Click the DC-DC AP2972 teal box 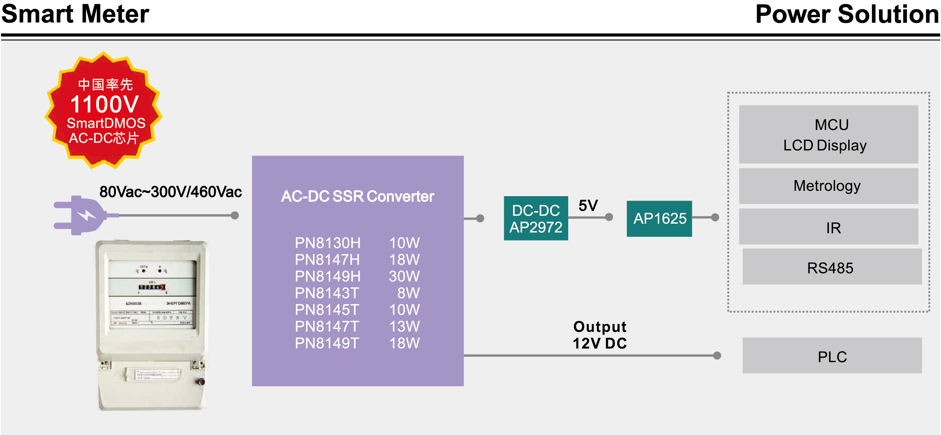coord(536,218)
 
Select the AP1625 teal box coord(659,218)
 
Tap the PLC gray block coord(832,356)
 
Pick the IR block coord(829,227)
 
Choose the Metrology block coord(829,186)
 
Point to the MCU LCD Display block coord(829,135)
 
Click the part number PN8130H coord(328,243)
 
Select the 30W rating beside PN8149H coord(404,276)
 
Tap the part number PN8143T coord(327,293)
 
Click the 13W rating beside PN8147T coord(404,327)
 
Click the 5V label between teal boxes coord(588,205)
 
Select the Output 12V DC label coord(599,335)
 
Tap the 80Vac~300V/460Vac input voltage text coord(170,192)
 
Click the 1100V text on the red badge coord(105,104)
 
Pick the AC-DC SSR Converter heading coord(357,197)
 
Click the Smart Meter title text coord(75,14)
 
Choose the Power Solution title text coord(847,14)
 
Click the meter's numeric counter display coord(151,287)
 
